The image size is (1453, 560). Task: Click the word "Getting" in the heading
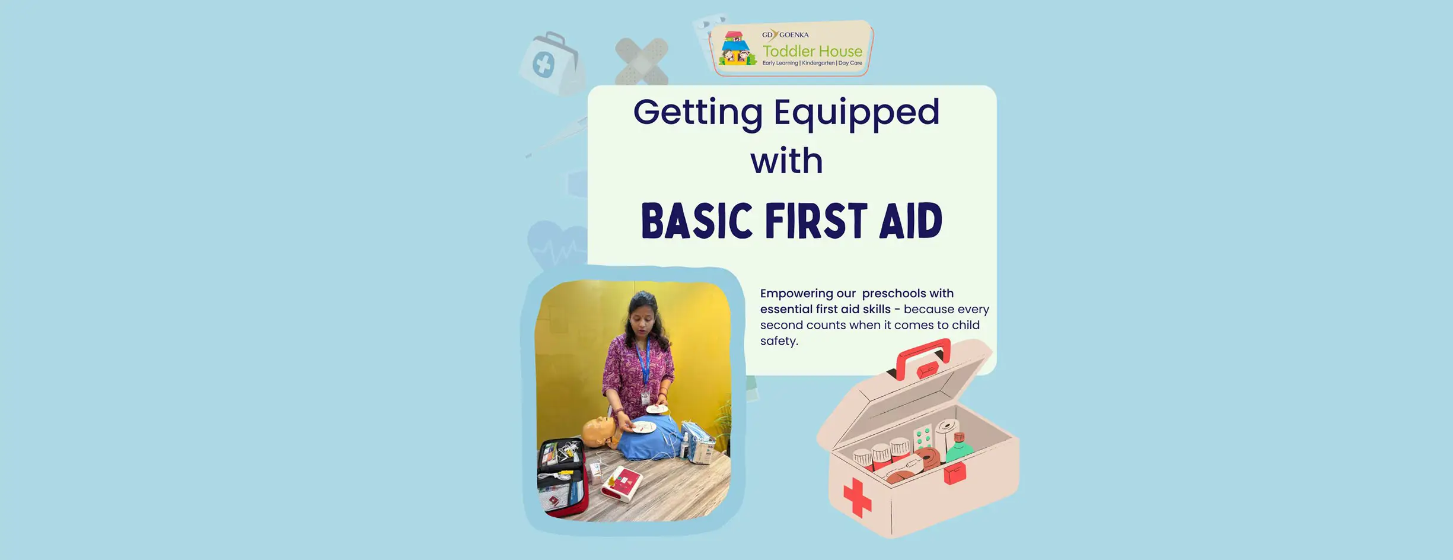point(697,113)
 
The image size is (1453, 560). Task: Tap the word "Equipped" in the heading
point(857,113)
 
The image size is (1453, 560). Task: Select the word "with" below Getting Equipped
point(787,161)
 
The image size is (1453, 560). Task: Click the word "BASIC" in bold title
point(697,221)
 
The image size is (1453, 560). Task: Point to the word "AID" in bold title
point(911,221)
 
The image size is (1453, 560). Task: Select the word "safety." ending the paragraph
point(779,341)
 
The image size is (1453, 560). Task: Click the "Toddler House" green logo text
point(812,51)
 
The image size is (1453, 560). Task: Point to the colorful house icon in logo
point(737,48)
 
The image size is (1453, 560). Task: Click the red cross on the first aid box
point(857,497)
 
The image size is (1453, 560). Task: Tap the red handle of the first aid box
point(923,358)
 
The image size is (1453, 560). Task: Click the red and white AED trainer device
point(621,483)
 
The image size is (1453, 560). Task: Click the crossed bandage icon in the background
point(642,61)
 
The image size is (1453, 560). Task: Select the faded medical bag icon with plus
point(551,63)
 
